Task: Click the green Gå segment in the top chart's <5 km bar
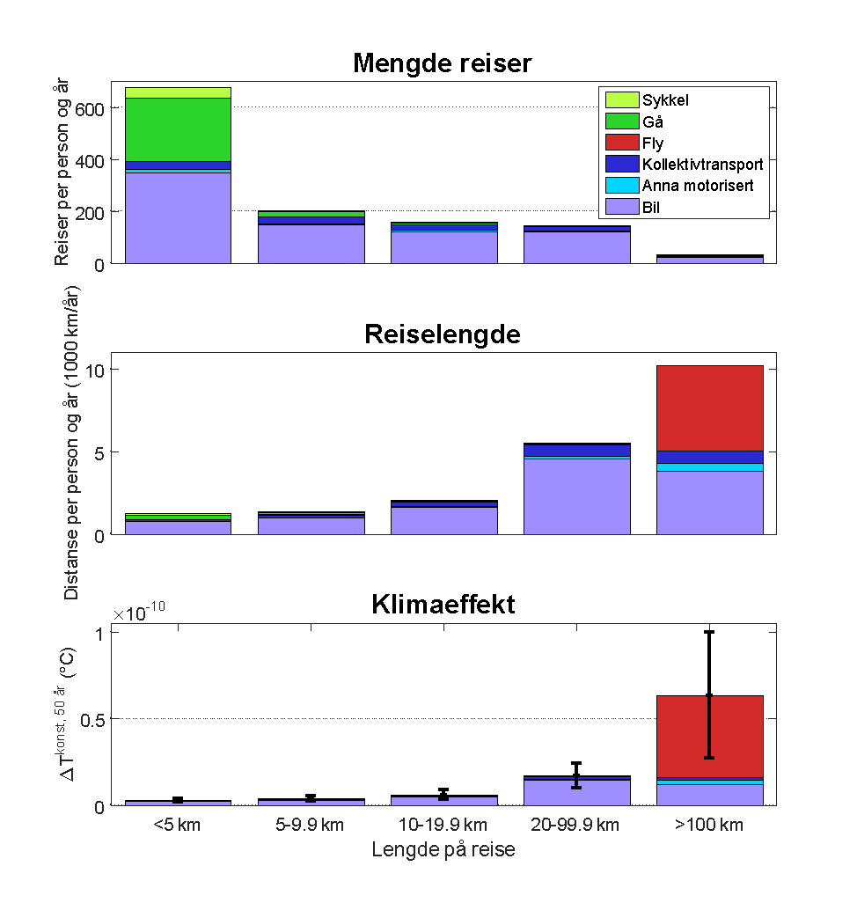[178, 129]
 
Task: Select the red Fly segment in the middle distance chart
[709, 407]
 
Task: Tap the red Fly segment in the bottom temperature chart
[709, 736]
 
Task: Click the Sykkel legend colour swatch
[620, 100]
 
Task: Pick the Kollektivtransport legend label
[702, 165]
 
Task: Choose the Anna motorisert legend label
[698, 186]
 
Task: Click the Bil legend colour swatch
[620, 207]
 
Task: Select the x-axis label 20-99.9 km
[576, 826]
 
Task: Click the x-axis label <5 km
[178, 826]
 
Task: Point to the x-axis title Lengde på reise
[443, 850]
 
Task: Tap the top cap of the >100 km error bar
[709, 632]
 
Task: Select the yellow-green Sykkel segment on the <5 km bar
[178, 92]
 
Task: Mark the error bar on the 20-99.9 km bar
[576, 775]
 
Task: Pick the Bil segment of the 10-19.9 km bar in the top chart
[443, 247]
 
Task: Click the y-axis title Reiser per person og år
[61, 172]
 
